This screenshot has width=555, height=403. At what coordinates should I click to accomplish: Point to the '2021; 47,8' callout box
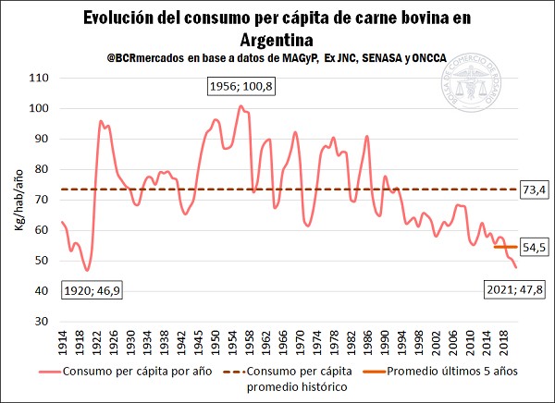(x=513, y=290)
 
